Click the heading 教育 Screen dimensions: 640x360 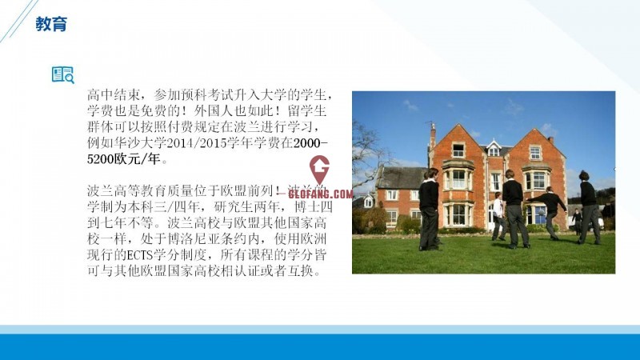pyautogui.click(x=51, y=24)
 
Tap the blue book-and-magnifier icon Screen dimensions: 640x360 pyautogui.click(x=63, y=75)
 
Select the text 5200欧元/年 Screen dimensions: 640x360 pyautogui.click(x=123, y=159)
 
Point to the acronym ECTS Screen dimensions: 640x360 pyautogui.click(x=141, y=255)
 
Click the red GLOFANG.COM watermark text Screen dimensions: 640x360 pyautogui.click(x=321, y=194)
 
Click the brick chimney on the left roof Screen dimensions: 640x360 pyautogui.click(x=433, y=134)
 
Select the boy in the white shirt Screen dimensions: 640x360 pyautogui.click(x=498, y=216)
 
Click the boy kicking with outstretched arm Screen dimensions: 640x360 pyautogui.click(x=549, y=213)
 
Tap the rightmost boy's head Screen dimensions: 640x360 pyautogui.click(x=584, y=175)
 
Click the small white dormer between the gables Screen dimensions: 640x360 pyautogui.click(x=494, y=148)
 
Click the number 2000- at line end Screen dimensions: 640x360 pyautogui.click(x=310, y=143)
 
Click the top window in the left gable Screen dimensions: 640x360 pyautogui.click(x=458, y=150)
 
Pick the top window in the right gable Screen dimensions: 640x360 pyautogui.click(x=535, y=153)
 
